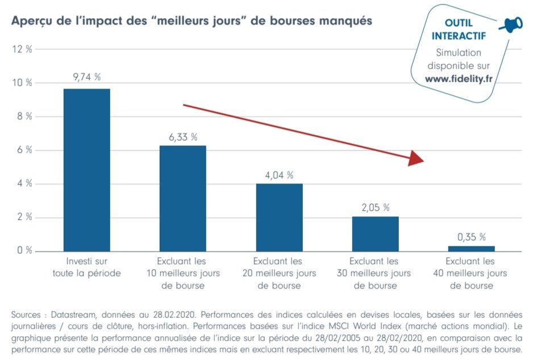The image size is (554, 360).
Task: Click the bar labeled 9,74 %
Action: pos(86,170)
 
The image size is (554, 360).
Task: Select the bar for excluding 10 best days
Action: pos(182,198)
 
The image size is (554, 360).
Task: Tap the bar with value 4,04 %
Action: pos(279,217)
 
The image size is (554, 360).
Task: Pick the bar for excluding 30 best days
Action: pos(375,234)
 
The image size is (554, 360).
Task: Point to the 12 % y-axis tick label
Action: pos(22,49)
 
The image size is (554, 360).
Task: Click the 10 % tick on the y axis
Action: pos(22,83)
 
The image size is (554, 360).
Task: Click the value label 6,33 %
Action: pos(182,137)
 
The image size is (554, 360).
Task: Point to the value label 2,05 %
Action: pos(375,208)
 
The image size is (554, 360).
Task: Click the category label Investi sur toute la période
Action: pos(86,267)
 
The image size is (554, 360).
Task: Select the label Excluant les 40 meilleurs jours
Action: pos(472,274)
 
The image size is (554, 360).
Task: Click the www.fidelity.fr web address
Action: pos(459,79)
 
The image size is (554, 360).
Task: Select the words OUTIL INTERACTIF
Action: pos(458,30)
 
